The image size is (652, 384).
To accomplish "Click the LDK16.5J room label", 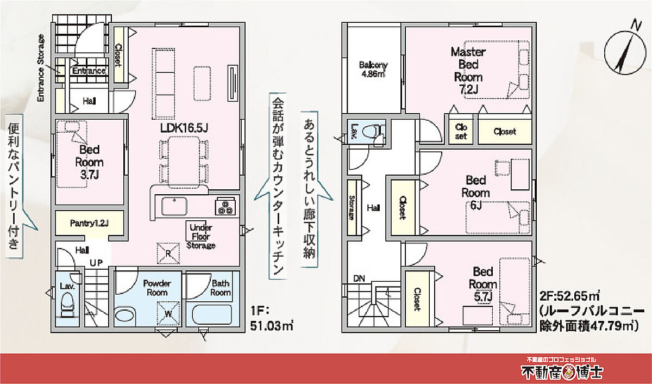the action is tap(184, 128).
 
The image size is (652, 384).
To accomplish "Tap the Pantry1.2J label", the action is tap(89, 223).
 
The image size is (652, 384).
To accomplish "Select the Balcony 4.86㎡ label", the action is tap(373, 69).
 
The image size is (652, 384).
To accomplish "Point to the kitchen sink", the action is tap(174, 206).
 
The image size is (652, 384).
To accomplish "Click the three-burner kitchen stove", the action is tap(225, 206).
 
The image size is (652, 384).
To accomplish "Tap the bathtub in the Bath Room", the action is tap(212, 314).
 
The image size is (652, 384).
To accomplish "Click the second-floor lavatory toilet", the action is tap(373, 133).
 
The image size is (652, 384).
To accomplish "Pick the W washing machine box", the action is tap(168, 313).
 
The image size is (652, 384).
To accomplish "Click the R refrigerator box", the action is tap(168, 253).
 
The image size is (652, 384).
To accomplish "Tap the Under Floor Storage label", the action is tap(201, 236).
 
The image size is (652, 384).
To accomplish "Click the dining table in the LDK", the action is tap(184, 162).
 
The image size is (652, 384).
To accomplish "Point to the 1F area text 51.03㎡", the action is tap(272, 326).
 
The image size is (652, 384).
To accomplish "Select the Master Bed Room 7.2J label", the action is tap(468, 71).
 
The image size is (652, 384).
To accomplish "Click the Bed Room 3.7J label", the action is tap(89, 162).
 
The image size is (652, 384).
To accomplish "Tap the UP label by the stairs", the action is tap(96, 263).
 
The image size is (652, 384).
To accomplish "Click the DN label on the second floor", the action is tap(359, 279).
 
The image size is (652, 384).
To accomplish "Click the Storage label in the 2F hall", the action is tap(352, 207).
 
